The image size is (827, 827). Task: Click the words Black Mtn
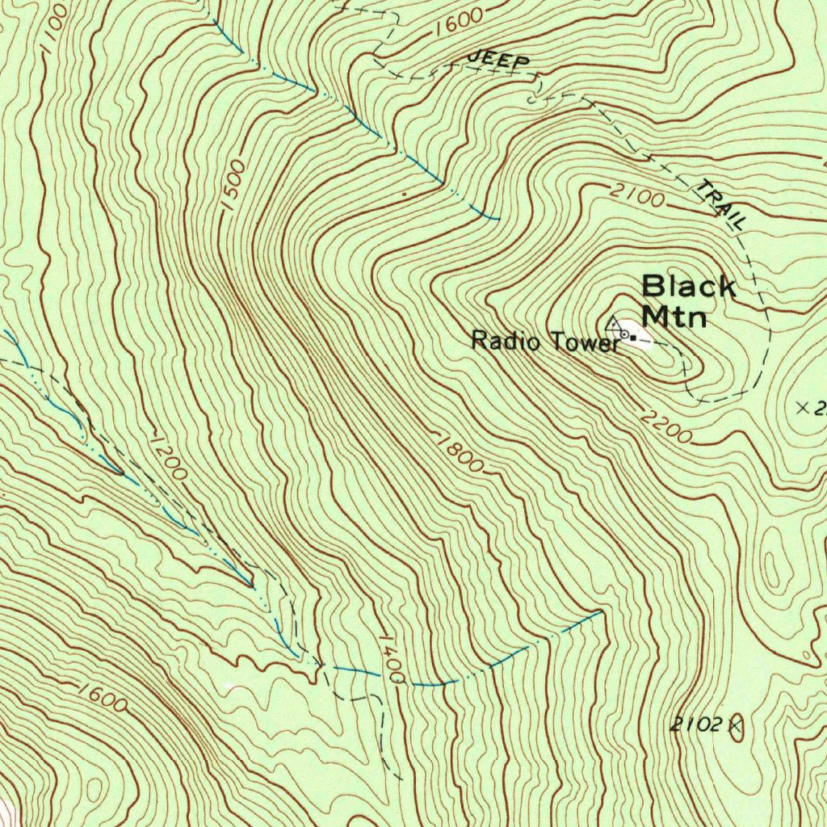click(x=688, y=300)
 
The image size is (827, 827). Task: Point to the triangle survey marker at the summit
click(x=613, y=325)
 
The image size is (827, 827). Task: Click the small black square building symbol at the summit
click(x=634, y=337)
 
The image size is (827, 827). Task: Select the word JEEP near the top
click(x=499, y=60)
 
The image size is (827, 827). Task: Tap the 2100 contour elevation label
click(x=637, y=195)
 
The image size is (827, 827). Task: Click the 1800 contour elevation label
click(x=460, y=455)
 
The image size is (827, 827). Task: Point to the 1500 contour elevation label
click(x=233, y=186)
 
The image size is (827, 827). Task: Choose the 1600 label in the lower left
click(x=103, y=697)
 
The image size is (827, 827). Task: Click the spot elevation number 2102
click(x=695, y=724)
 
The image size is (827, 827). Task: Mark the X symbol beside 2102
click(x=735, y=724)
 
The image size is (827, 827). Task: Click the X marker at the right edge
click(x=802, y=408)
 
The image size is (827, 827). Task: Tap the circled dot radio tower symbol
click(x=624, y=334)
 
